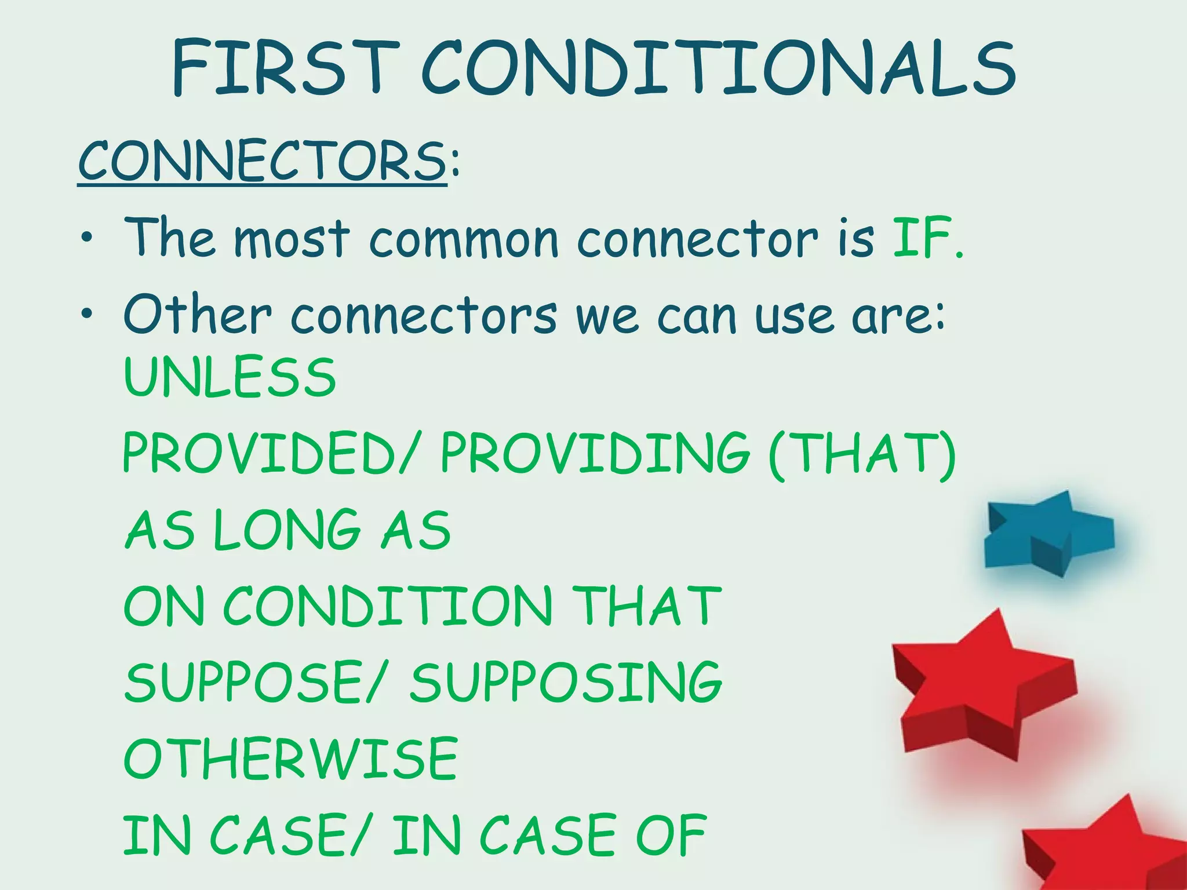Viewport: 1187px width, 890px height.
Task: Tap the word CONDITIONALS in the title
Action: click(718, 68)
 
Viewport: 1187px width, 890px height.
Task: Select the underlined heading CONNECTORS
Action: click(262, 161)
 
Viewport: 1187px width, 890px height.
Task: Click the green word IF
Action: click(922, 237)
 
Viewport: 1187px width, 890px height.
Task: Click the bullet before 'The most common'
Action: click(86, 237)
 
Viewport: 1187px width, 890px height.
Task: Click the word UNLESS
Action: click(230, 377)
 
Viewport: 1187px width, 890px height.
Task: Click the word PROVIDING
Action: click(595, 453)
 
